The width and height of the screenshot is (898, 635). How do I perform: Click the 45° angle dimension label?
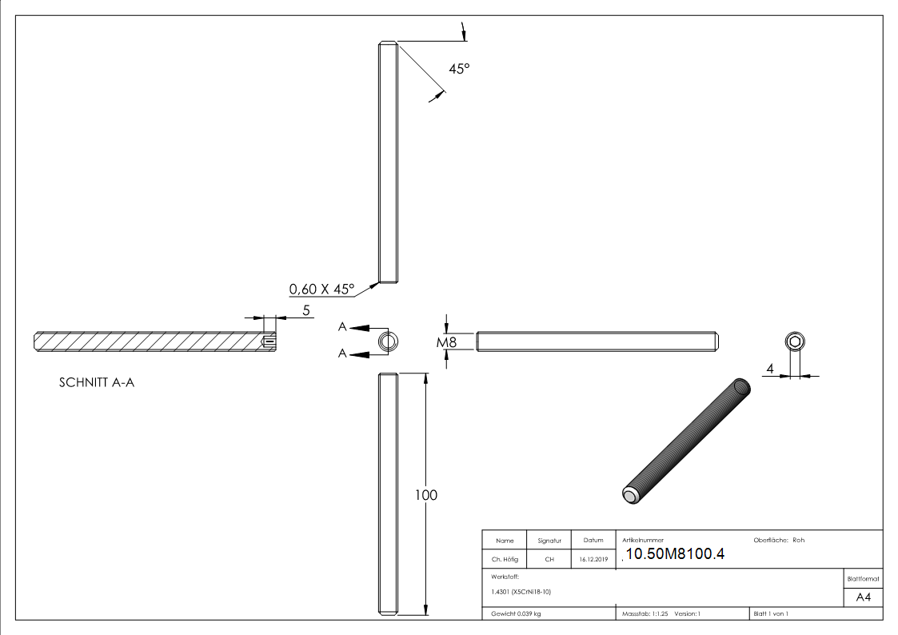[458, 70]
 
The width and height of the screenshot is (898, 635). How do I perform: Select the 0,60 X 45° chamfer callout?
[321, 290]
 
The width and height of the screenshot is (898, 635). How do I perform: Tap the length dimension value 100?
[426, 496]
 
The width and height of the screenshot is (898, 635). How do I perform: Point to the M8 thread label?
[446, 343]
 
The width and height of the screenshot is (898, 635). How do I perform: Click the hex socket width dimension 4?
[770, 369]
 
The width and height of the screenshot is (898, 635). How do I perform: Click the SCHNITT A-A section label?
[96, 383]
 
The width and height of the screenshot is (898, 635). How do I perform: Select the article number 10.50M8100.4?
[675, 554]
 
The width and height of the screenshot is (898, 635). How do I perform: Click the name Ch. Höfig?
[505, 560]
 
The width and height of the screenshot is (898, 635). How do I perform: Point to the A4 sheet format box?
[864, 597]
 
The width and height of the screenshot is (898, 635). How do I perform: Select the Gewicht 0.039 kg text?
[516, 613]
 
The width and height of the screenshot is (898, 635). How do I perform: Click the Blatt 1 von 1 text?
[771, 613]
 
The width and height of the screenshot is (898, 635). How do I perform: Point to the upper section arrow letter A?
[342, 327]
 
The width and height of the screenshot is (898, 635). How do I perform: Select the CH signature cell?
[549, 560]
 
